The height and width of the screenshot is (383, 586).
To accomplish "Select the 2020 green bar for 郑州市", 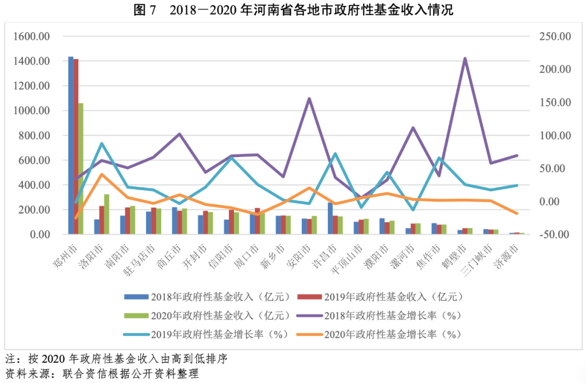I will coord(81,168).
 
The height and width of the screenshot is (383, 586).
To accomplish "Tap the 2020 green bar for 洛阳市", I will coord(107,214).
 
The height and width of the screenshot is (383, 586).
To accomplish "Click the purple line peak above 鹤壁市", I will coord(465,58).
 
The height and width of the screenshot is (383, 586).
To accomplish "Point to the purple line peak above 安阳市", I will coord(309,98).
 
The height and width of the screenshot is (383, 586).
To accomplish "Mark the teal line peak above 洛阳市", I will coord(102,143).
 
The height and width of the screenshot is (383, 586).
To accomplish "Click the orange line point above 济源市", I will coord(517,214).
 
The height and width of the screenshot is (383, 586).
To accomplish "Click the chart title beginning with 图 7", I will coord(293,10).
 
